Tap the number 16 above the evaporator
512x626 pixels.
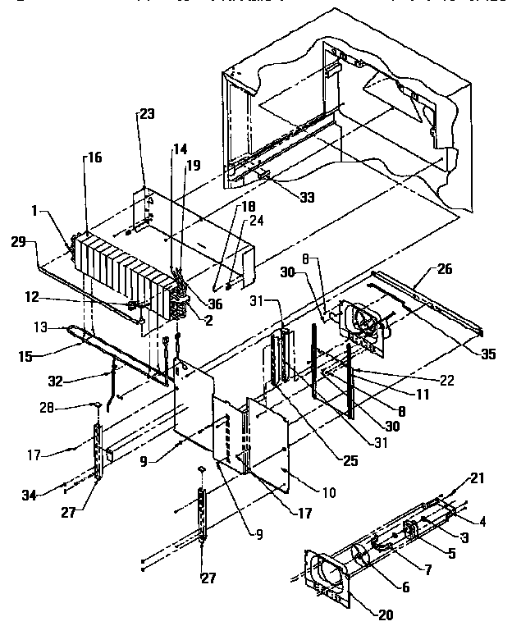[94, 158]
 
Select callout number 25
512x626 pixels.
[350, 461]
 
